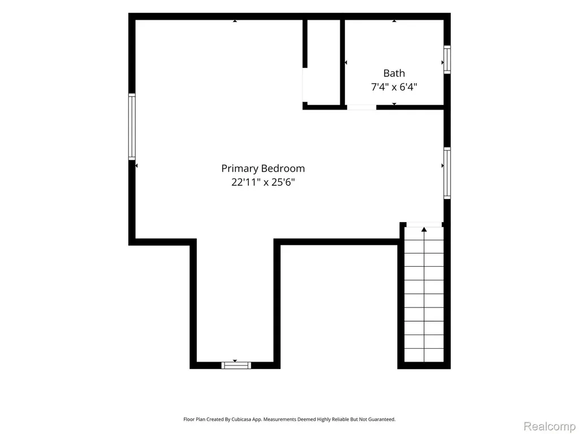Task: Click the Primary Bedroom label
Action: pos(263,168)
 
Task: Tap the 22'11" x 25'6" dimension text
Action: pos(263,183)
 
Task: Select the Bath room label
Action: pos(394,73)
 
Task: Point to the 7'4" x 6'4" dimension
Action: pos(394,87)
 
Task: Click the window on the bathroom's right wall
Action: pos(447,59)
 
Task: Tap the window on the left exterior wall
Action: pos(132,127)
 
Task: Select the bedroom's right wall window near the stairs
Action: pos(447,173)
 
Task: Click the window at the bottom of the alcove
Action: pos(236,366)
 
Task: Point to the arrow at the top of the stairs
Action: pos(424,229)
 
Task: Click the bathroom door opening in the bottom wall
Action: pos(361,107)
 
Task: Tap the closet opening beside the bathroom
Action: pos(305,85)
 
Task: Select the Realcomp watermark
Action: pos(550,426)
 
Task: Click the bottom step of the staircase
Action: pos(424,355)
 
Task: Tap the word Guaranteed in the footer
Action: pos(383,419)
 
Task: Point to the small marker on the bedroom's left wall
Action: pos(136,166)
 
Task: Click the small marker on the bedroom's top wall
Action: pos(235,21)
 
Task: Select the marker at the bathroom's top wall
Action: pos(394,21)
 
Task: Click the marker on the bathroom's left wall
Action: pos(345,63)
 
